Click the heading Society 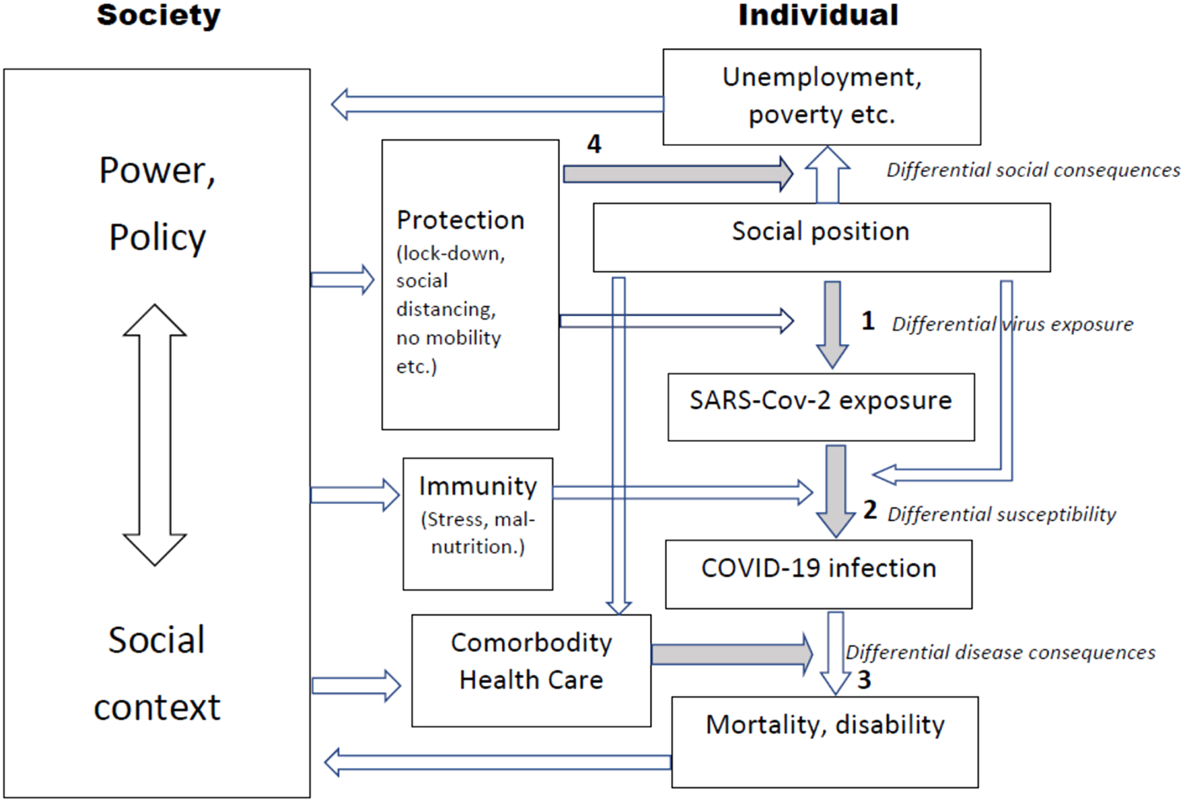pos(159,15)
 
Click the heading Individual pos(818,15)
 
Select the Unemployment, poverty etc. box pos(821,97)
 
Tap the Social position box pos(821,237)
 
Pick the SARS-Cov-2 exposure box pos(821,407)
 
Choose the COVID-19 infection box pos(819,574)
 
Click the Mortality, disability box pos(825,742)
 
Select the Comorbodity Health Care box pos(532,670)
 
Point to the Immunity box pos(478,524)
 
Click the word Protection pos(460,220)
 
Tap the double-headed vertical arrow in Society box pos(155,434)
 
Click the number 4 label pos(594,144)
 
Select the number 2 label pos(870,509)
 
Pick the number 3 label pos(864,679)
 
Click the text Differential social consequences pos(1034,170)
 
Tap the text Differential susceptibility pos(1001,514)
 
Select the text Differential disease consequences pos(1001,652)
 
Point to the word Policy pos(157,238)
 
